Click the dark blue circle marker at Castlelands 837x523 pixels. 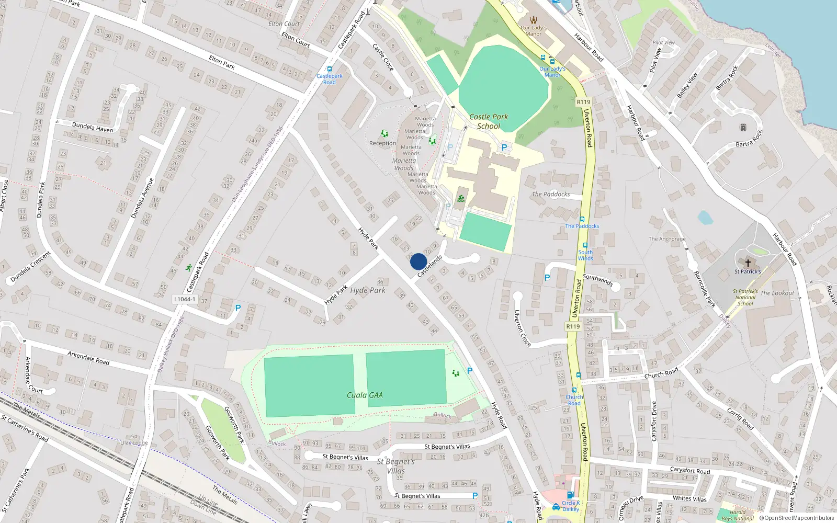418,261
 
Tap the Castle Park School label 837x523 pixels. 489,121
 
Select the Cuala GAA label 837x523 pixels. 365,395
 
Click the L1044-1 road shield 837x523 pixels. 185,300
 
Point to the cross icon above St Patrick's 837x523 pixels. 748,263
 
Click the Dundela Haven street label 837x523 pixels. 93,128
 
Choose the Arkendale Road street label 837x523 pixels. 88,358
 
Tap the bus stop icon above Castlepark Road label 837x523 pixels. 330,69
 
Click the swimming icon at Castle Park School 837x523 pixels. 460,199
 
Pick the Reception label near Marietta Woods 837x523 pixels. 382,143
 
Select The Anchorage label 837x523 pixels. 666,239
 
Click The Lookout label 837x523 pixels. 777,293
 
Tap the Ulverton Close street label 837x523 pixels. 522,328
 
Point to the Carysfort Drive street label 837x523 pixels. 654,421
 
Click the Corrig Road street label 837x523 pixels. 740,418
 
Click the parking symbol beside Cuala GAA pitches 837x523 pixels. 470,371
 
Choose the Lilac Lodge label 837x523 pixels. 134,442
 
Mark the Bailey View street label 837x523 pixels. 687,85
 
